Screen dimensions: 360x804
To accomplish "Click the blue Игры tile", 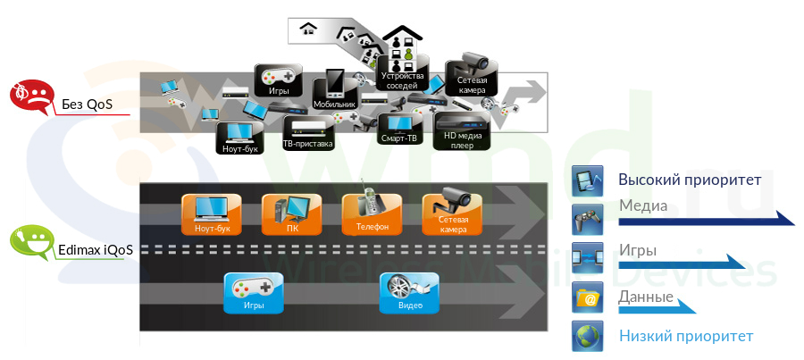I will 254,293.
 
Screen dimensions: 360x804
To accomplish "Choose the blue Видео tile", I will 410,293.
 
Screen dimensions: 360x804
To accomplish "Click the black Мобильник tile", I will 335,90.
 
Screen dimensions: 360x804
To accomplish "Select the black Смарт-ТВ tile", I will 399,130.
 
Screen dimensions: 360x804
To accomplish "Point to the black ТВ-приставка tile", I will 307,133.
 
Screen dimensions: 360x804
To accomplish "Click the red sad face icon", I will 29,96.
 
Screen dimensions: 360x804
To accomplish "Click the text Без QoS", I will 87,105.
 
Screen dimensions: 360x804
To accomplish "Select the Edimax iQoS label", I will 96,249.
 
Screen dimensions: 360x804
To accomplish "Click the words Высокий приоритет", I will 690,180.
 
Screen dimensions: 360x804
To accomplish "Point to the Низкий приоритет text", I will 686,336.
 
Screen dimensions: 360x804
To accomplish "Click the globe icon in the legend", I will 588,336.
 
